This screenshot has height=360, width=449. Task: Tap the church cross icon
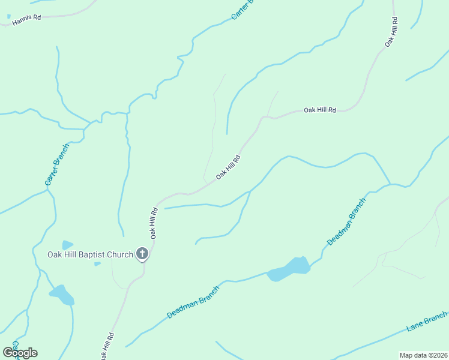pyautogui.click(x=142, y=254)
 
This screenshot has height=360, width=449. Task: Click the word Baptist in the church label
pyautogui.click(x=95, y=254)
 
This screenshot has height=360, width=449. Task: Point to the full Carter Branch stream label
pyautogui.click(x=57, y=163)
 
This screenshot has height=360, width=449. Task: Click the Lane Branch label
pyautogui.click(x=427, y=322)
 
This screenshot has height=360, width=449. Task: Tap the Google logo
pyautogui.click(x=20, y=352)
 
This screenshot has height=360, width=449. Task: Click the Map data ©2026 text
pyautogui.click(x=423, y=355)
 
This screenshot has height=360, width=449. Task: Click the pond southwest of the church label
pyautogui.click(x=61, y=295)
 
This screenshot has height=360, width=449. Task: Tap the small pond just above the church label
pyautogui.click(x=67, y=245)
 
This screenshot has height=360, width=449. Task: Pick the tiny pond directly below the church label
pyautogui.click(x=97, y=263)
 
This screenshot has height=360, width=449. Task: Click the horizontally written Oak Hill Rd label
pyautogui.click(x=320, y=110)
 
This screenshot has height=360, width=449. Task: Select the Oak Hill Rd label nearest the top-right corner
pyautogui.click(x=391, y=33)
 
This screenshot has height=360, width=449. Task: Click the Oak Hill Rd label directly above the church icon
pyautogui.click(x=154, y=223)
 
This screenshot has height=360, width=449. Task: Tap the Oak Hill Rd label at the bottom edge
pyautogui.click(x=104, y=346)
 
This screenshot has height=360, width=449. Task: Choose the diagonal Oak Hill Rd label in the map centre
pyautogui.click(x=228, y=167)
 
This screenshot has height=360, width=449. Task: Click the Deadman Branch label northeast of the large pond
pyautogui.click(x=346, y=221)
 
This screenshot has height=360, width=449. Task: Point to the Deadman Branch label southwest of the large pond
pyautogui.click(x=193, y=301)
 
